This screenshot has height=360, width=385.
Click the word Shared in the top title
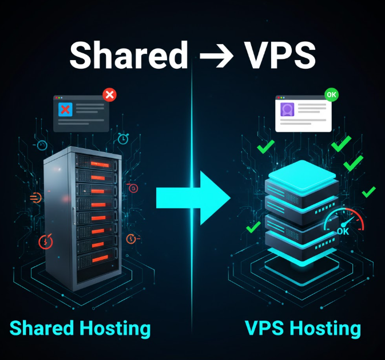[x=128, y=56]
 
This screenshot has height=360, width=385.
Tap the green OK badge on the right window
[x=331, y=94]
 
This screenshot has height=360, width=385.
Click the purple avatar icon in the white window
[x=287, y=109]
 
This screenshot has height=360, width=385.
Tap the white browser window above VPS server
[x=303, y=113]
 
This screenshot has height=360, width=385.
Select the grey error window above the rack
[x=81, y=113]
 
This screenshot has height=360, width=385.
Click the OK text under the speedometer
[x=343, y=231]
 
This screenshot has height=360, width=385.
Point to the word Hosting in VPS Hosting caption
[x=327, y=328]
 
